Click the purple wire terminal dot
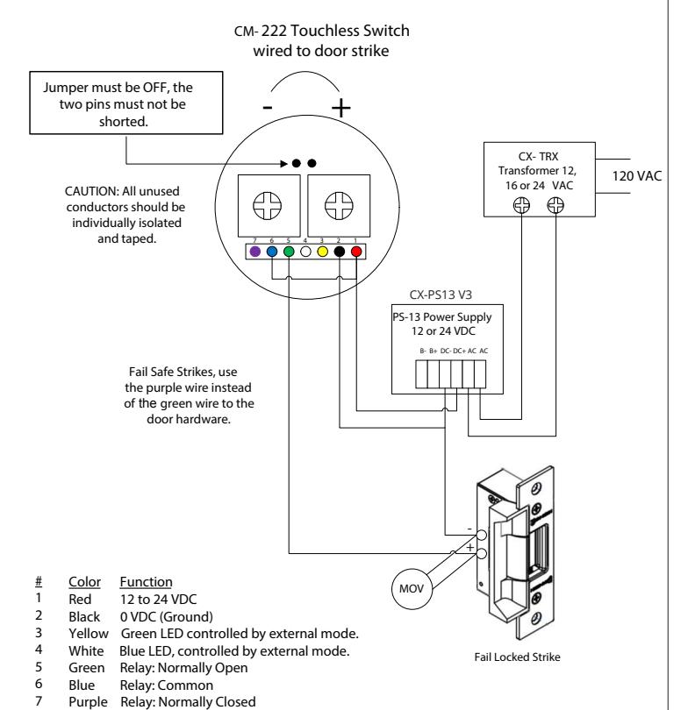coord(254,252)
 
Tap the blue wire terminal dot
coord(272,252)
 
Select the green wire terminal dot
coord(289,252)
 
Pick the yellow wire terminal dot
coord(322,252)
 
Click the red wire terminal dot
coord(356,252)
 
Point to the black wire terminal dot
coord(340,252)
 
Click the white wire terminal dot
coord(305,252)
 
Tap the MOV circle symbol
coord(412,589)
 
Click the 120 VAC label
coord(637,175)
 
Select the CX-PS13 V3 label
coord(441,295)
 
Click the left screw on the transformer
coord(521,206)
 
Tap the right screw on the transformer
coord(555,206)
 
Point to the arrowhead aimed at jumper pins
coord(284,163)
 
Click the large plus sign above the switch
coord(340,108)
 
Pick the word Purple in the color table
coord(88,702)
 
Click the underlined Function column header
coord(146,582)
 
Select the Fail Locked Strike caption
coord(517,657)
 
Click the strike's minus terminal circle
coord(481,536)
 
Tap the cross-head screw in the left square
coord(267,206)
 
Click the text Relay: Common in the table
coord(167,685)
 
